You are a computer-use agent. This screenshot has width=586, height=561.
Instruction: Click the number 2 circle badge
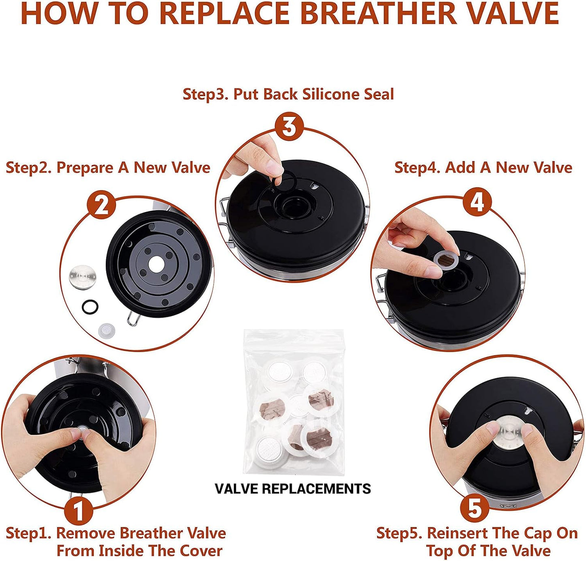pos(102,205)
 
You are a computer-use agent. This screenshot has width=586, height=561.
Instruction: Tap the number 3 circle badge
pos(289,127)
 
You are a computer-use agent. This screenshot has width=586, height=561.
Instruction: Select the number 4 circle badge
pos(477,202)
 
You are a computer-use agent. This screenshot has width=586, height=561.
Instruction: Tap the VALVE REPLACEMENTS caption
pos(293,489)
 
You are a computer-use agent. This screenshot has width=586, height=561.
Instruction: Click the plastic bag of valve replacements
pos(294,402)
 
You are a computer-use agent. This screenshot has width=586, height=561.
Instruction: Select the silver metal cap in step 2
pos(83,277)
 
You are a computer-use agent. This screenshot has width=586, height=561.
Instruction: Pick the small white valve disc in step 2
pos(107,331)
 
